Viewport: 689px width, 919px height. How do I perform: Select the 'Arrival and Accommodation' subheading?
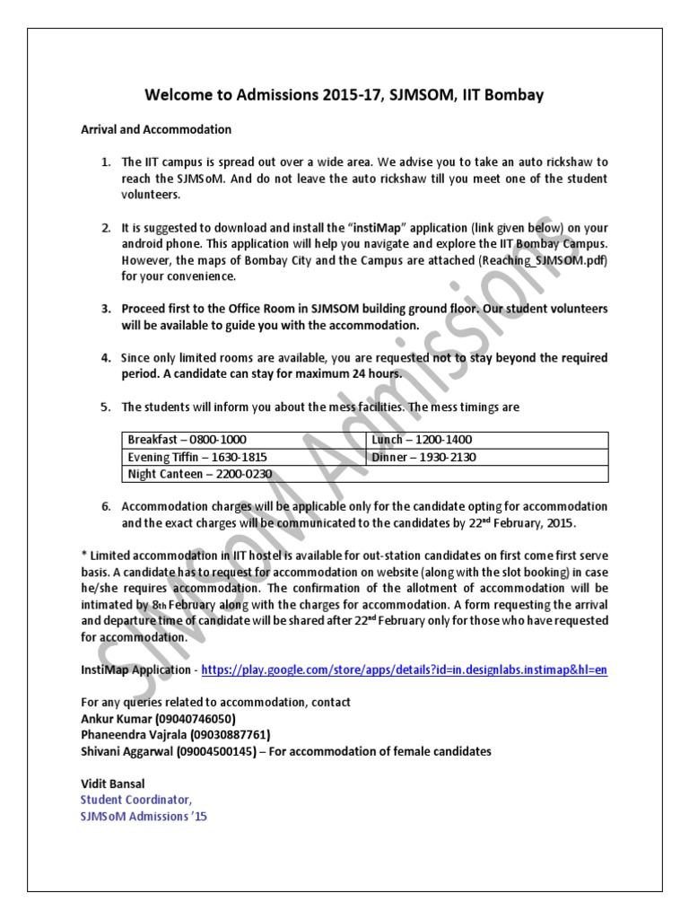[156, 129]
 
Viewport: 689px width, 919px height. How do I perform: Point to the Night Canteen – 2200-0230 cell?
[199, 474]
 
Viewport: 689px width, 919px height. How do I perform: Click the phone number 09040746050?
[196, 719]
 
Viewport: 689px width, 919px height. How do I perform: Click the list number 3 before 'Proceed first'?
[105, 309]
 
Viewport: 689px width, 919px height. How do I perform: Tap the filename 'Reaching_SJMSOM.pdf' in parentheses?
[545, 259]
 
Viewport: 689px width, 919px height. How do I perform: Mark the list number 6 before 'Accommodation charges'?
[105, 506]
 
